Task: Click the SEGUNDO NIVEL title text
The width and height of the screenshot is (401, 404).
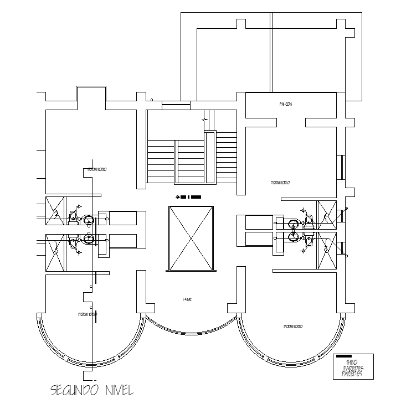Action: tap(91, 390)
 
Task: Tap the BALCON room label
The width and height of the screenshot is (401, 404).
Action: tap(285, 104)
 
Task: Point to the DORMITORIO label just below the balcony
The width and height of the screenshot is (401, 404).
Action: tap(280, 182)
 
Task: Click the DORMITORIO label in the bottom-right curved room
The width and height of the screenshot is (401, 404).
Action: tap(293, 327)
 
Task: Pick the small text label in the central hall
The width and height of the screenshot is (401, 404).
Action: tap(187, 299)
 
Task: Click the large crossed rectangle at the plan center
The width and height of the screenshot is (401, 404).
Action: tap(190, 239)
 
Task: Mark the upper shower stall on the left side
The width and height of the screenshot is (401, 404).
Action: tap(55, 210)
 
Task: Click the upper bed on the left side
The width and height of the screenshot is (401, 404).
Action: tap(122, 219)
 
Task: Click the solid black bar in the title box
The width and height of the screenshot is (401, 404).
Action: tap(344, 356)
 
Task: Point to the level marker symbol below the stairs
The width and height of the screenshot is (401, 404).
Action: tap(187, 196)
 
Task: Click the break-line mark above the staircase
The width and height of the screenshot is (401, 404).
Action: tap(205, 118)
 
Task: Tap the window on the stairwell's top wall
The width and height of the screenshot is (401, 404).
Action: tap(176, 103)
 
